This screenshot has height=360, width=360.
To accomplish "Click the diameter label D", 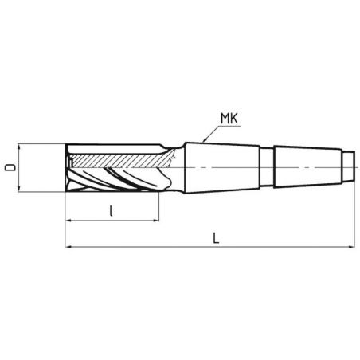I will coord(10,167).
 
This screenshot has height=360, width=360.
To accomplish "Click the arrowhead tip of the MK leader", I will coord(207,143).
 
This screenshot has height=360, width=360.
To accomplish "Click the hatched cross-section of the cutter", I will coord(119,160).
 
